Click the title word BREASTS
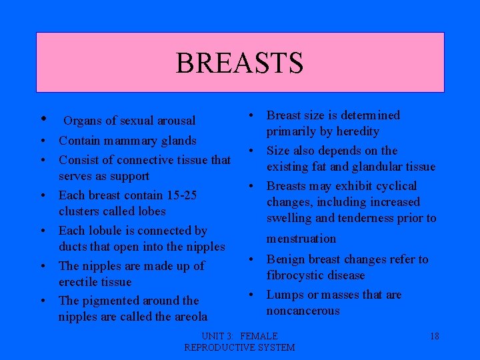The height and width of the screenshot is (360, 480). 239,63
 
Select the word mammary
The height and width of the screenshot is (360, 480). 127,141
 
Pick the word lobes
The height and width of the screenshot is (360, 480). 151,211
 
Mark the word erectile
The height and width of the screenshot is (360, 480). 79,282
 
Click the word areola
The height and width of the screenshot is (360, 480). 189,317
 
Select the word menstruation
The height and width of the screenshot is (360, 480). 301,239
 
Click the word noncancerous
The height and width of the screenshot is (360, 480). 303,311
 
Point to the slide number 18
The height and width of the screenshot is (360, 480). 434,336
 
